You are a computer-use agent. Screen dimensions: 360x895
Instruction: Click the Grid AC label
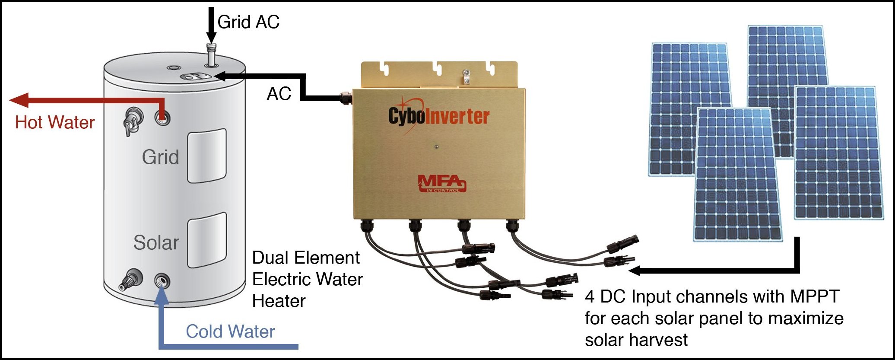pos(248,22)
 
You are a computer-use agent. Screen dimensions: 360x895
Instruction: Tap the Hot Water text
pos(55,123)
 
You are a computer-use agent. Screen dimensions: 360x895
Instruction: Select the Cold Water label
pos(230,332)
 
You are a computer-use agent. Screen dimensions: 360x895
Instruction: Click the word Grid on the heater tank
pos(160,157)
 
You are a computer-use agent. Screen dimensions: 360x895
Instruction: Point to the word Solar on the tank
pos(156,242)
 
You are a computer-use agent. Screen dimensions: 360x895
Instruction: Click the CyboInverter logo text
pos(438,116)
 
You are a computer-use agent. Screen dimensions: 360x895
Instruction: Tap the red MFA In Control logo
pos(441,183)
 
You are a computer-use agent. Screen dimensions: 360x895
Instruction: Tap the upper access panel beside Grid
pos(206,156)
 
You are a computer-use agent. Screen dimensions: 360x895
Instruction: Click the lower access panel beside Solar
pos(207,240)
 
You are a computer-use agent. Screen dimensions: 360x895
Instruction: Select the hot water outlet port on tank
pos(162,117)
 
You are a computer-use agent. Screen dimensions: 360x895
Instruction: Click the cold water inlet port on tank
pos(162,280)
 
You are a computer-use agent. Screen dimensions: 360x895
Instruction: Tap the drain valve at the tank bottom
pos(130,280)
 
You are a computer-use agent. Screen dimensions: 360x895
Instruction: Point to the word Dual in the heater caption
pos(269,258)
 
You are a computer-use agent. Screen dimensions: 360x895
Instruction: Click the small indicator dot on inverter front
pos(436,147)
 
